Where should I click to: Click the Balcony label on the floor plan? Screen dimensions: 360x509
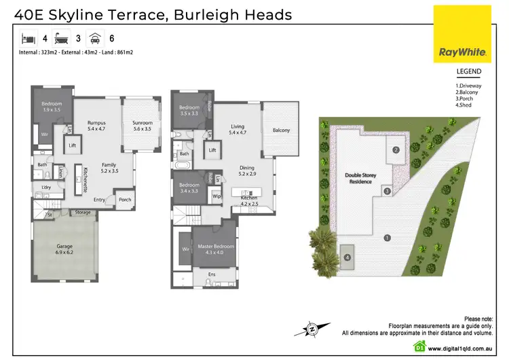[281, 130]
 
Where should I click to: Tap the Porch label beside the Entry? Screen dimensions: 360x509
[125, 200]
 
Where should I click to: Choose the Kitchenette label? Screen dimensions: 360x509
[86, 180]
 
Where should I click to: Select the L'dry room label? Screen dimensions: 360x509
[47, 187]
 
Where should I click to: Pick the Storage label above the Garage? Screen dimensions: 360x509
[83, 213]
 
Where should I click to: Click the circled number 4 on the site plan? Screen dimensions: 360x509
[347, 257]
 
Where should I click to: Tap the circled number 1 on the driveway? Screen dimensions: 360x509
[387, 238]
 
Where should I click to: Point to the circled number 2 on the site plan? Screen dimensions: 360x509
[396, 149]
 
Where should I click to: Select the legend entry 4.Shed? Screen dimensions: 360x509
[464, 105]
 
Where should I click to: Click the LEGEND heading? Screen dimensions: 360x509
[468, 71]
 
